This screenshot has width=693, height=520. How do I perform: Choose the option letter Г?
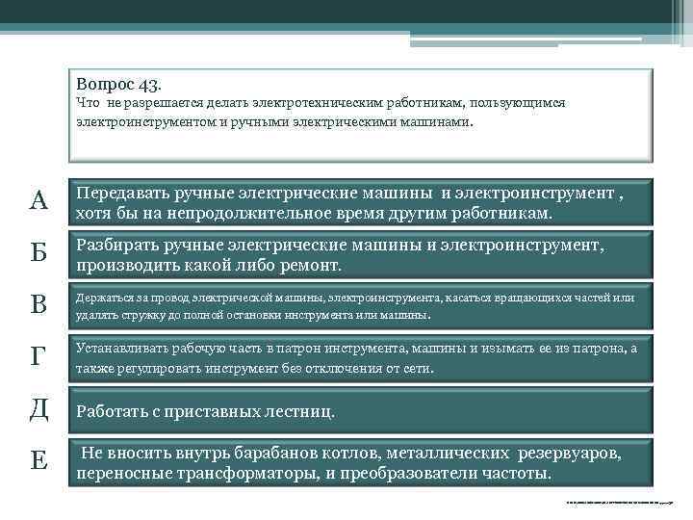[x=38, y=358]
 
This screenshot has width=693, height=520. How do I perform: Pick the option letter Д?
[x=38, y=409]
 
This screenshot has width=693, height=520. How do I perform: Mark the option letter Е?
[x=38, y=461]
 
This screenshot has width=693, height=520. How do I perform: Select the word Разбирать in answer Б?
[x=117, y=246]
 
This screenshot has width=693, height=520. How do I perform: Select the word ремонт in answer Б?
[x=310, y=264]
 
